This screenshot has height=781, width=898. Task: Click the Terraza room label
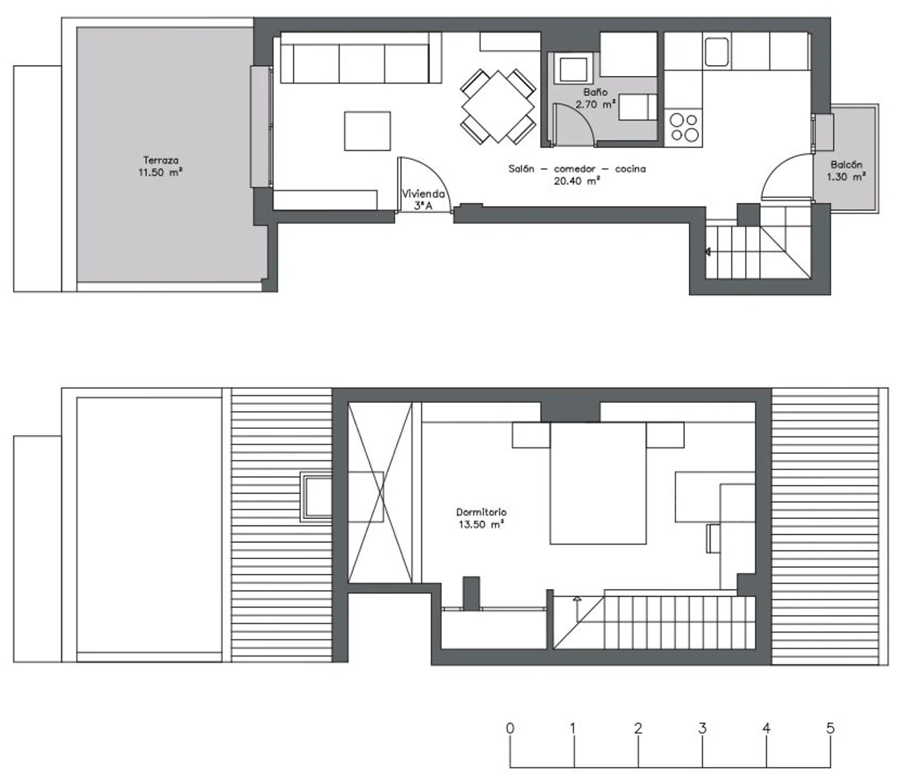click(161, 160)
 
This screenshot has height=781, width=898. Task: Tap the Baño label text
click(595, 92)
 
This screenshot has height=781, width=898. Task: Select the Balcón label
click(846, 165)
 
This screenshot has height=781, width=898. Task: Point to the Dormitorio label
click(481, 512)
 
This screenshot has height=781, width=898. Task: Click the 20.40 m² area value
click(577, 181)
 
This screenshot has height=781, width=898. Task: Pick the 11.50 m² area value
click(160, 172)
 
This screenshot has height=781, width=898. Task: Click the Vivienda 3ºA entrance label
click(423, 199)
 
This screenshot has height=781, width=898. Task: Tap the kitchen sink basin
click(717, 52)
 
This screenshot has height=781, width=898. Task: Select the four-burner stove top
click(684, 128)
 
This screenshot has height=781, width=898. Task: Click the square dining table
click(498, 107)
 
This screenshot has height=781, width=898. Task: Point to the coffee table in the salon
click(367, 131)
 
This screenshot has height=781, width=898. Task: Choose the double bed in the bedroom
click(598, 483)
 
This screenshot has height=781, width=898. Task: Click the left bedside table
click(531, 435)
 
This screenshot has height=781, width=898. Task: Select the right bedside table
click(665, 435)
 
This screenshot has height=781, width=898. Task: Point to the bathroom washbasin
click(573, 69)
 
